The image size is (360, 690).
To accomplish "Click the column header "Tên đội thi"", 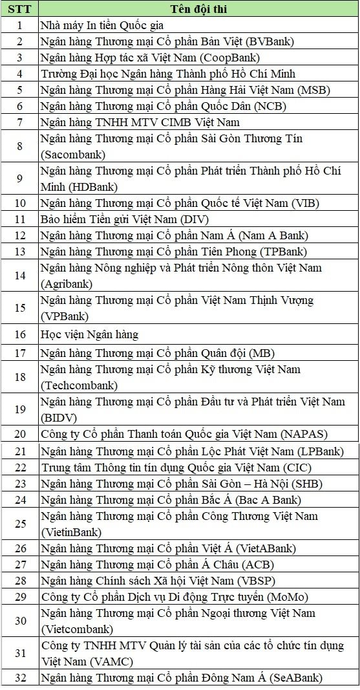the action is point(198,9).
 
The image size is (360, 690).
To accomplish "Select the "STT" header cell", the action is point(19,9).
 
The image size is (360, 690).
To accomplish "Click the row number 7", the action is point(19,122).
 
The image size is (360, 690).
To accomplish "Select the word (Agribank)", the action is point(66,284).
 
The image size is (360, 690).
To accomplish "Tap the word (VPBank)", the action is point(64,316).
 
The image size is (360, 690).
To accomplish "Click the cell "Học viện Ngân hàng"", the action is point(89,334).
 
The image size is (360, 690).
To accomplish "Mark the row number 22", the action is point(19,467).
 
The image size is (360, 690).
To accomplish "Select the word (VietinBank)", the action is point(71,532).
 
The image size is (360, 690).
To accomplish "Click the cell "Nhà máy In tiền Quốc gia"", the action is point(101,25).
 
